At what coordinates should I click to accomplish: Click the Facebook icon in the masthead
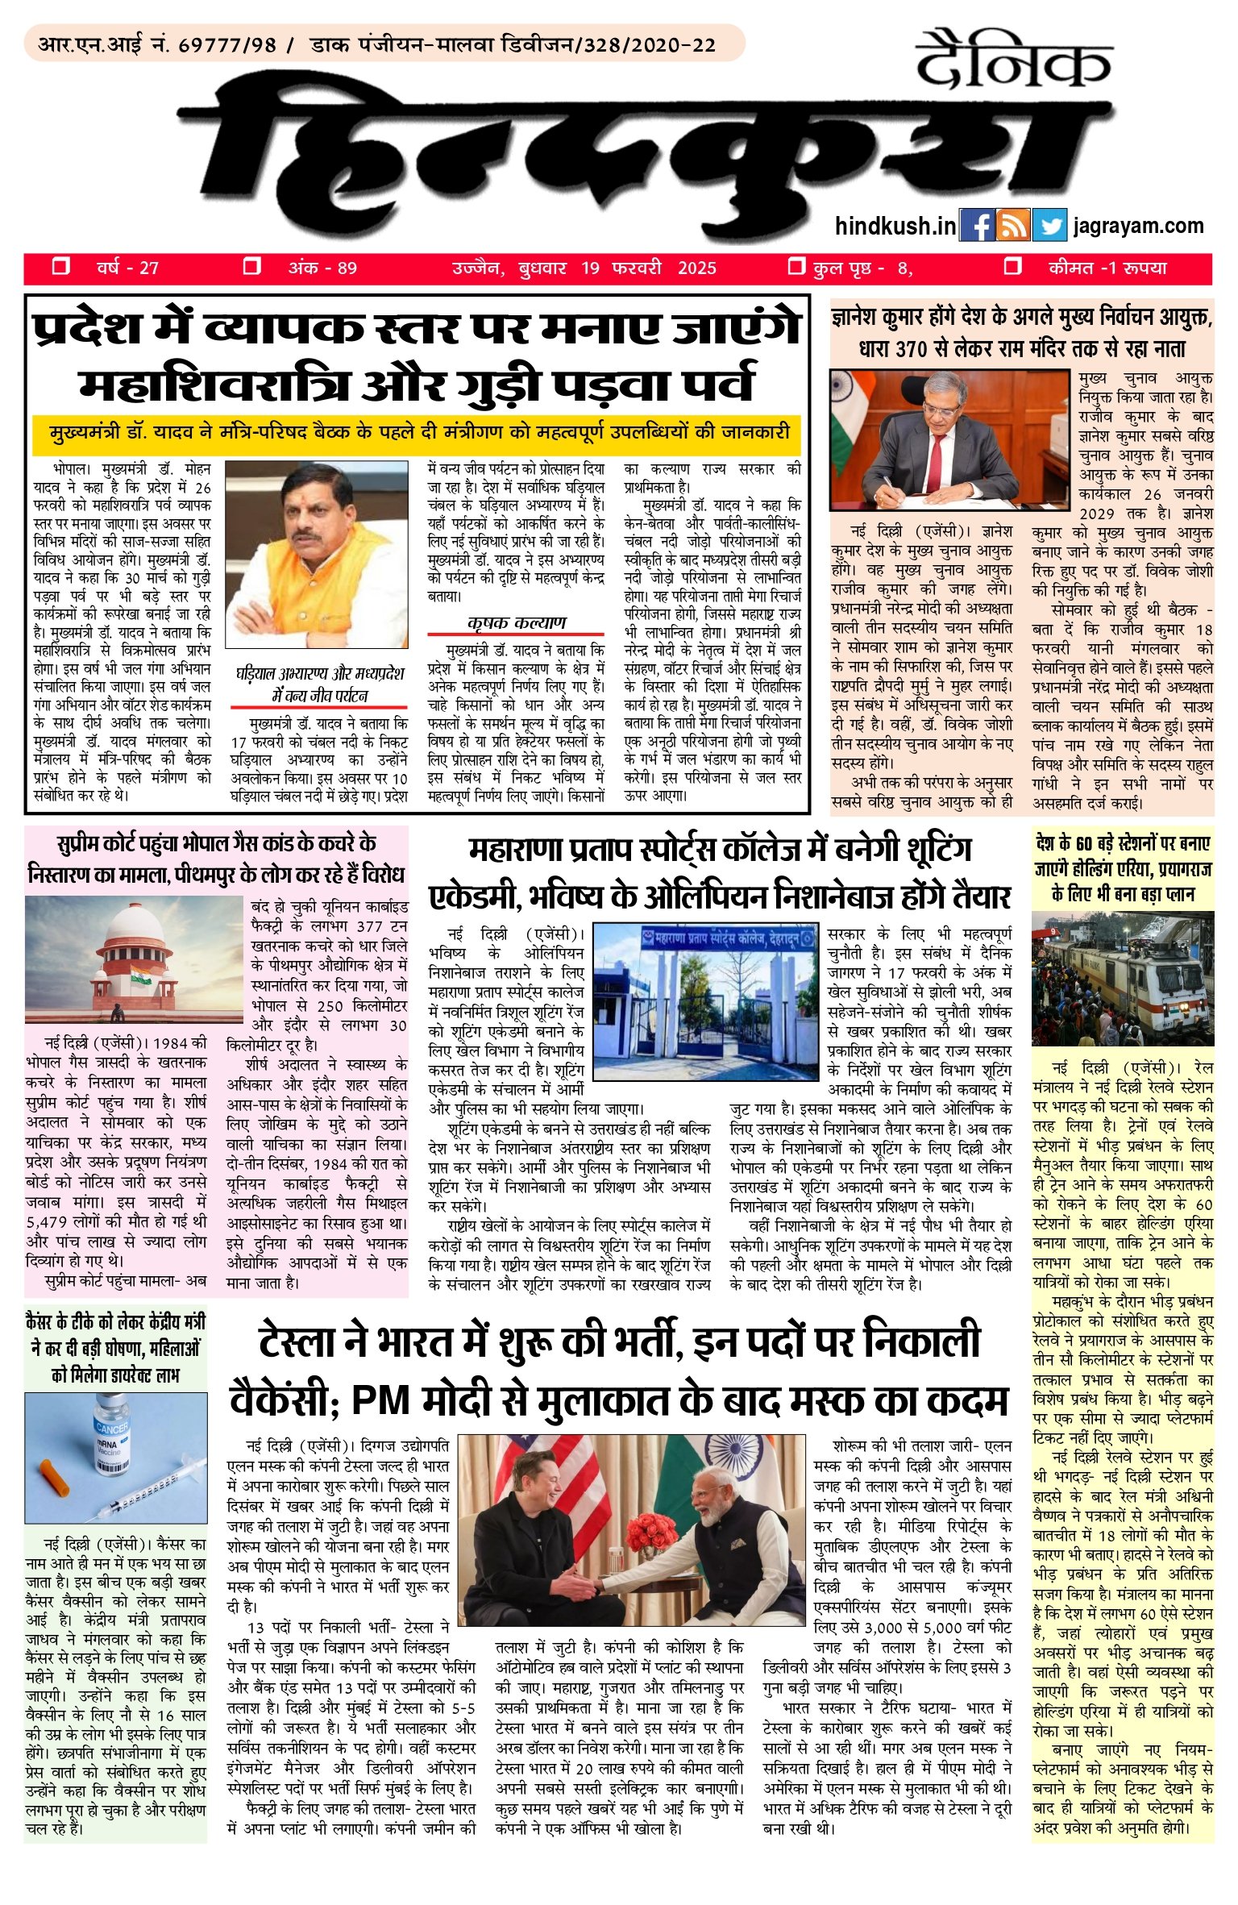[x=977, y=226]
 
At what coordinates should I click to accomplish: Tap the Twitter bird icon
[x=1049, y=226]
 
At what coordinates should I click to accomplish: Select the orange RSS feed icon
[x=1013, y=226]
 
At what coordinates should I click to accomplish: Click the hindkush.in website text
[x=895, y=226]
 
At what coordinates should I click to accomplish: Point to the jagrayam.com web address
[x=1138, y=226]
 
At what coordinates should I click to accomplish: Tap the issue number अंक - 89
[x=322, y=268]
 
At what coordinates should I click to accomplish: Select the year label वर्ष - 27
[x=127, y=268]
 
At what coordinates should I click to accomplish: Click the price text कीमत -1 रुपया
[x=1107, y=268]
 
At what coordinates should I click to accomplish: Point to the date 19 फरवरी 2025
[x=648, y=268]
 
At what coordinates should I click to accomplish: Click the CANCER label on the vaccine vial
[x=111, y=1428]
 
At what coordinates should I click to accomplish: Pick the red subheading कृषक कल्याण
[x=516, y=622]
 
